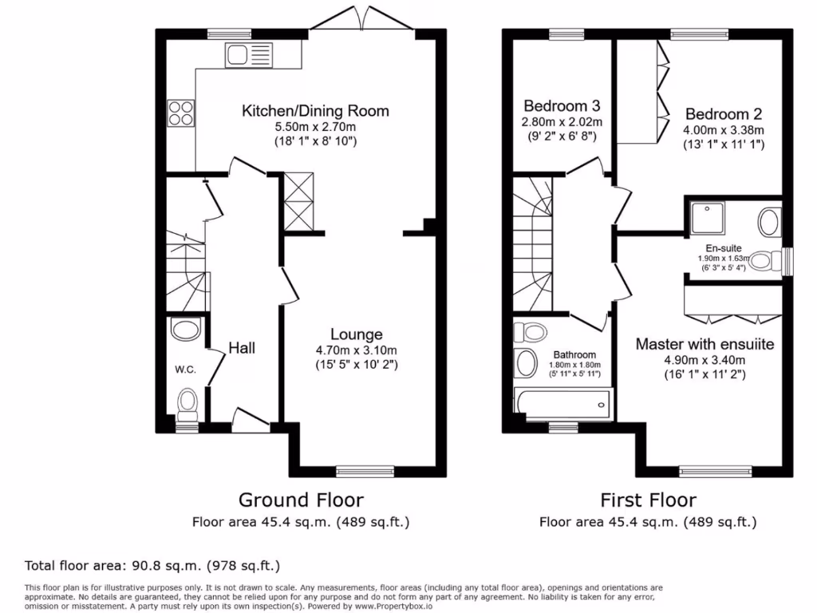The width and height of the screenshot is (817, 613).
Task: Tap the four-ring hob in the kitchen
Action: (x=180, y=113)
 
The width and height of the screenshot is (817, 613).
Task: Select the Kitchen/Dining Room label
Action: (x=315, y=110)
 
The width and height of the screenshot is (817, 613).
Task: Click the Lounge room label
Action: (x=357, y=334)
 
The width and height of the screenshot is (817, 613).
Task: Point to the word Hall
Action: (x=241, y=348)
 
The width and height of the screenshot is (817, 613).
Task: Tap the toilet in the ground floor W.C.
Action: (x=187, y=402)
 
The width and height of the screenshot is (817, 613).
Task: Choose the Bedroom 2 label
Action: (x=717, y=114)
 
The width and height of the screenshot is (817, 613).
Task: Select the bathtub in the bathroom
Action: (x=562, y=403)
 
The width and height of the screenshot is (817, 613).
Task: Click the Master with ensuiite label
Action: (x=705, y=344)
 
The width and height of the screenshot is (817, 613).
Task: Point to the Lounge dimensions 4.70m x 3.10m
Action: (x=357, y=350)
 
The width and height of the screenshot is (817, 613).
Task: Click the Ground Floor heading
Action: (x=301, y=500)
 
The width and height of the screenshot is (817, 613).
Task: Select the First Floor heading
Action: (x=648, y=500)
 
